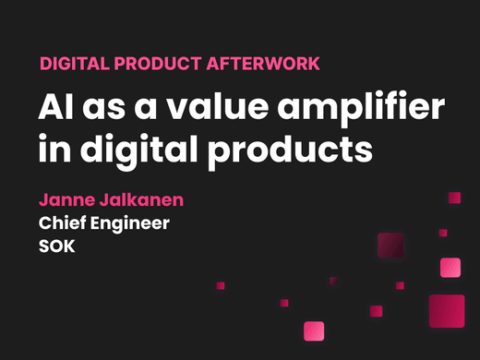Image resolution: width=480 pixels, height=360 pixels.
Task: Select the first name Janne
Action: pos(66,199)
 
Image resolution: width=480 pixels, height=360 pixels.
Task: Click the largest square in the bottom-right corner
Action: pos(447,311)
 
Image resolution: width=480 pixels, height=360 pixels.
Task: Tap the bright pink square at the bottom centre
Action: pos(315,330)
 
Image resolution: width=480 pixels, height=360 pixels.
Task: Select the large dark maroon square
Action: pos(392,246)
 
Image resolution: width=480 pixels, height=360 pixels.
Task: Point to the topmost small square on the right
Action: pos(454,197)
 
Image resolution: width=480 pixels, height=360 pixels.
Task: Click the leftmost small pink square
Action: pos(221,285)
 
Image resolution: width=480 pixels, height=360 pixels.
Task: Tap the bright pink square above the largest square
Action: pos(450,267)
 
